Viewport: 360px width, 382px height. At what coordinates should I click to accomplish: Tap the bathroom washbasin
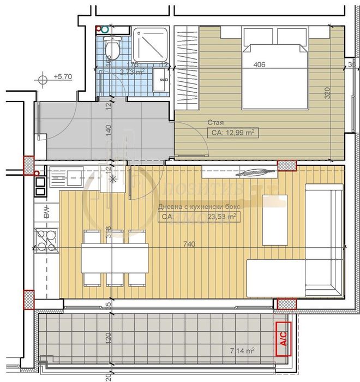161,80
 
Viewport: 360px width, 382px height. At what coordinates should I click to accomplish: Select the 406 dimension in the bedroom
260,65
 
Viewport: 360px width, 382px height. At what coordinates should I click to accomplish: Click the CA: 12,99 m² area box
232,133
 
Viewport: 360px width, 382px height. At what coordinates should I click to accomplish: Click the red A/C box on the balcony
283,340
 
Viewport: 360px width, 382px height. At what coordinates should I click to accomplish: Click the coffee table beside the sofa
275,224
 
